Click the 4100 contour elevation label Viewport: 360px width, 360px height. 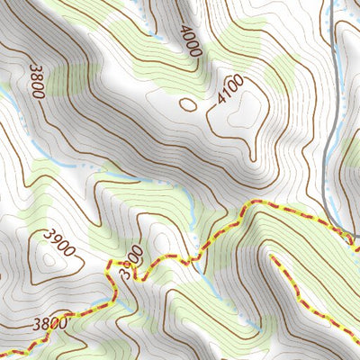[230, 94]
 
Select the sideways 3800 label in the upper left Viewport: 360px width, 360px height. [36, 79]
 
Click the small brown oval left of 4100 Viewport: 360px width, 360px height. [188, 103]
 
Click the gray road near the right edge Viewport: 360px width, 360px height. [326, 135]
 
